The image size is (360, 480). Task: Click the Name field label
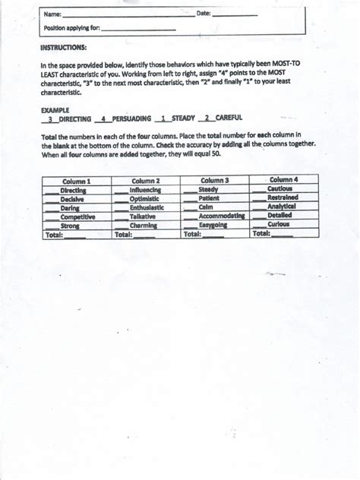pos(51,14)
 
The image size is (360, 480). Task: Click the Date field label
pos(204,14)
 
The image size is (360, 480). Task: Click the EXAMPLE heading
pos(52,110)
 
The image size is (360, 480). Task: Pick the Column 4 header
pos(283,179)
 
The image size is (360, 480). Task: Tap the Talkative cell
pos(142,216)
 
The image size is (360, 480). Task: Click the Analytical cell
pos(281,206)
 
